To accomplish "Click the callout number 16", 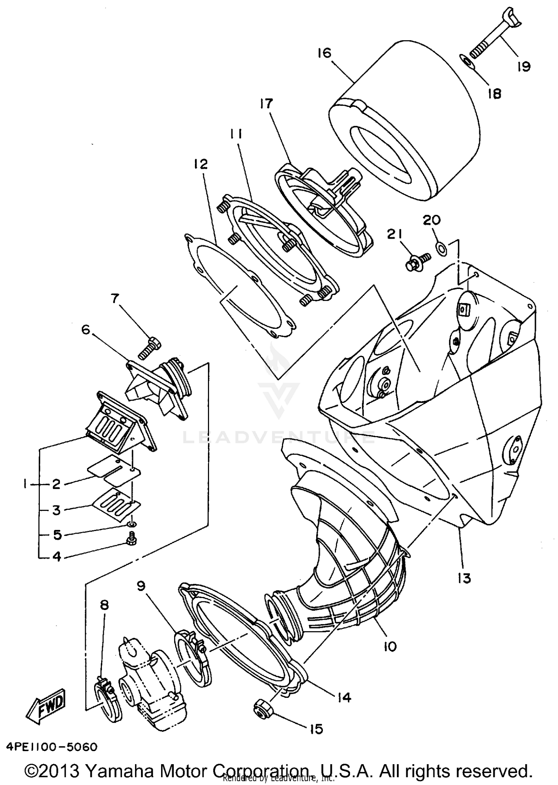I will point(324,53).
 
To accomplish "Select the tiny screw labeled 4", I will point(131,540).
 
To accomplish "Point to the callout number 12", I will point(201,164).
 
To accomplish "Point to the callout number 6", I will point(86,330).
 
